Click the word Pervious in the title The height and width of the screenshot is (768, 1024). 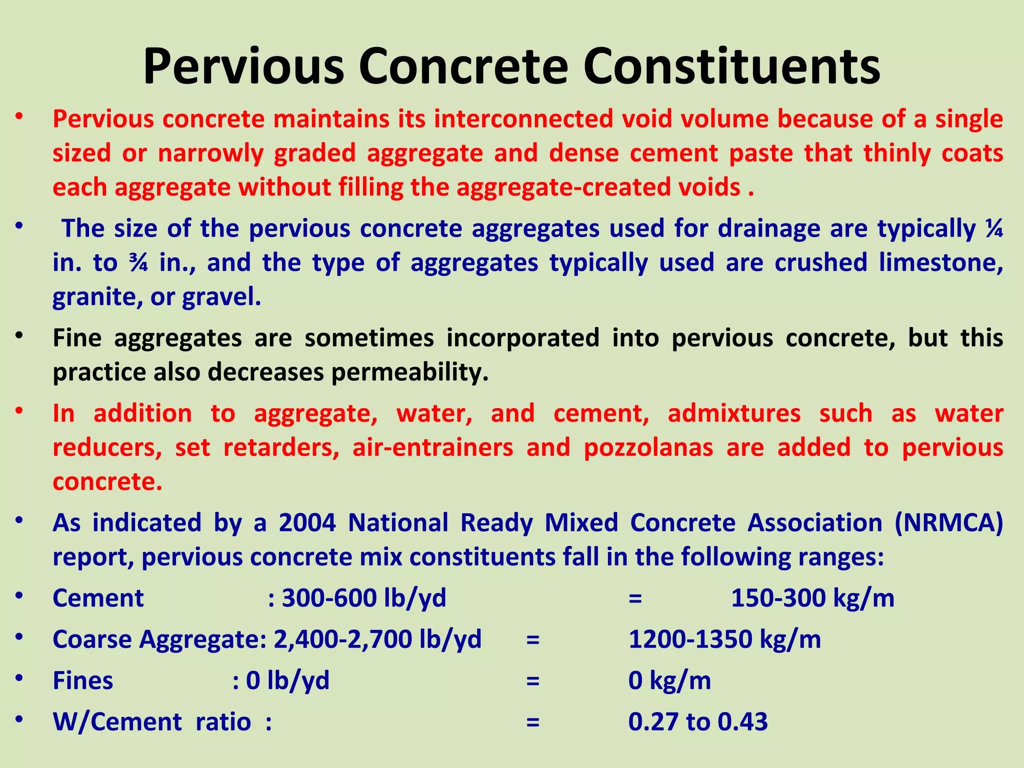tap(243, 67)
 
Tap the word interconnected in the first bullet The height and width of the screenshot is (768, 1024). tap(523, 119)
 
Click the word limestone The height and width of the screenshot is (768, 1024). tap(940, 263)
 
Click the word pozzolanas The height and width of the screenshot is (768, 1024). tap(648, 447)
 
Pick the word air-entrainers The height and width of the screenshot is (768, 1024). tap(432, 447)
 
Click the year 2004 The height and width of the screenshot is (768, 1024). tap(307, 523)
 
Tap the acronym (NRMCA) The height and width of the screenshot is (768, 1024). tap(948, 523)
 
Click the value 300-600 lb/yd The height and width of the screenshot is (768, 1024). tap(363, 598)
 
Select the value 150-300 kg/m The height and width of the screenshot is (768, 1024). tap(812, 598)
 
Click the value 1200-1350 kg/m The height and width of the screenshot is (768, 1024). tap(724, 639)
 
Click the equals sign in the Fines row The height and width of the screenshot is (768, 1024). tap(533, 681)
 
